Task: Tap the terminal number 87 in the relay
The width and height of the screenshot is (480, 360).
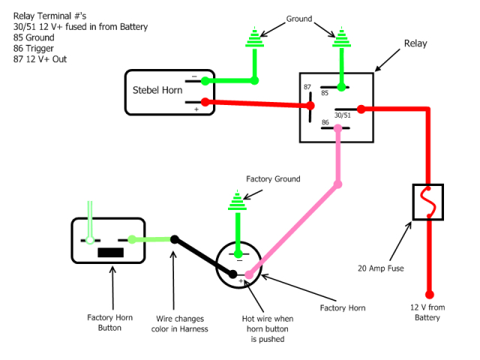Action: pyautogui.click(x=308, y=88)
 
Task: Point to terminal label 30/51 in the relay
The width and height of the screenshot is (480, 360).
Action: pyautogui.click(x=343, y=115)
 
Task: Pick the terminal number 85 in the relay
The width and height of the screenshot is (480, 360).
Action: pyautogui.click(x=325, y=94)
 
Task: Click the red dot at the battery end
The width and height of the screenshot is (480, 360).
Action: pyautogui.click(x=430, y=295)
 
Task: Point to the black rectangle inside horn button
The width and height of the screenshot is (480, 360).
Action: pyautogui.click(x=111, y=252)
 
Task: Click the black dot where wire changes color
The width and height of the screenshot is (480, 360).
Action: pyautogui.click(x=174, y=240)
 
